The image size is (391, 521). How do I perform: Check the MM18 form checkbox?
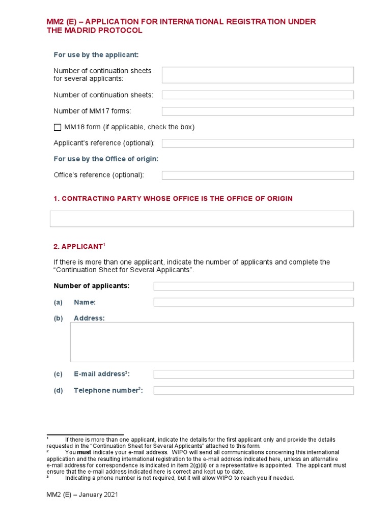(x=57, y=127)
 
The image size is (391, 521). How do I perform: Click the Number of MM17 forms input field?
(x=258, y=111)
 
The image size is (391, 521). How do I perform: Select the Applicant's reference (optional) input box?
(x=258, y=143)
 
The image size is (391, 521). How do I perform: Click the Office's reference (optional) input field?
(x=258, y=175)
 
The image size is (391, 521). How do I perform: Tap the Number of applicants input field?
(x=254, y=286)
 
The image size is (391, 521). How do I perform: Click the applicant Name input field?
(x=254, y=302)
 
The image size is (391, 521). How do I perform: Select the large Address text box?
(x=212, y=342)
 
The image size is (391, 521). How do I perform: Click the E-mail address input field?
(x=254, y=374)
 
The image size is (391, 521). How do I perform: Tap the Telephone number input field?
(x=254, y=391)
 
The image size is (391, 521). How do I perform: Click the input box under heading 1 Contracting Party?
(x=202, y=219)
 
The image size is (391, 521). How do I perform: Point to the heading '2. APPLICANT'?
(x=78, y=247)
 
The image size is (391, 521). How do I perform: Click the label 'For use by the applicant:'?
(x=96, y=54)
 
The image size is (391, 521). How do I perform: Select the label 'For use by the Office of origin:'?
(x=106, y=159)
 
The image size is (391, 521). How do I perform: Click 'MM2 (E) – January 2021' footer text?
(x=82, y=495)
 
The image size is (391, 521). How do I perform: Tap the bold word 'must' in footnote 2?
(x=84, y=452)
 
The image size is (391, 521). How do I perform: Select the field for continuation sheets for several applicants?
(x=258, y=75)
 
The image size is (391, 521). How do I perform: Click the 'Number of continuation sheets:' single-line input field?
(x=258, y=95)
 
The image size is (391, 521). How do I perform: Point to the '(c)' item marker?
(x=58, y=374)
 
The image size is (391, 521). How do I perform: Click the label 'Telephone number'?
(x=106, y=391)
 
